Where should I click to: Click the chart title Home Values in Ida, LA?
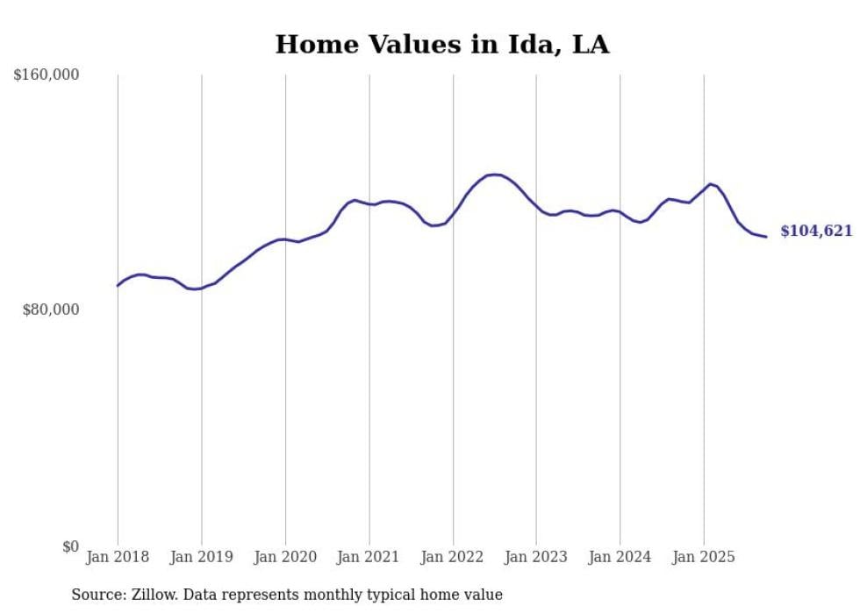point(441,44)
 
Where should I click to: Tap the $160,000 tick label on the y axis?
point(46,75)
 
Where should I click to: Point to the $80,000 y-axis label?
point(50,310)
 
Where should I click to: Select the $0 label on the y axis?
point(70,546)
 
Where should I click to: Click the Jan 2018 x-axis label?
point(118,557)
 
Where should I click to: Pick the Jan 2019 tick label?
point(201,557)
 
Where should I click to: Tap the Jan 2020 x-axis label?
point(285,557)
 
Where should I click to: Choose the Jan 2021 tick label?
point(369,557)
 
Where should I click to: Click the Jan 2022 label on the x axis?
point(453,557)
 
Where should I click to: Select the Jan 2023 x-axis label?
point(536,557)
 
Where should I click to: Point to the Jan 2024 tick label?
point(620,557)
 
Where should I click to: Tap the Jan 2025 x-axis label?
point(704,557)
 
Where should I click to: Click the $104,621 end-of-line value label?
point(816,232)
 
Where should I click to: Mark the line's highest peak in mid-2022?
point(494,175)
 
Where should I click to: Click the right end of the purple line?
point(766,237)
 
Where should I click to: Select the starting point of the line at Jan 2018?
point(118,285)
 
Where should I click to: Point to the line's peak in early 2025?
point(710,183)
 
